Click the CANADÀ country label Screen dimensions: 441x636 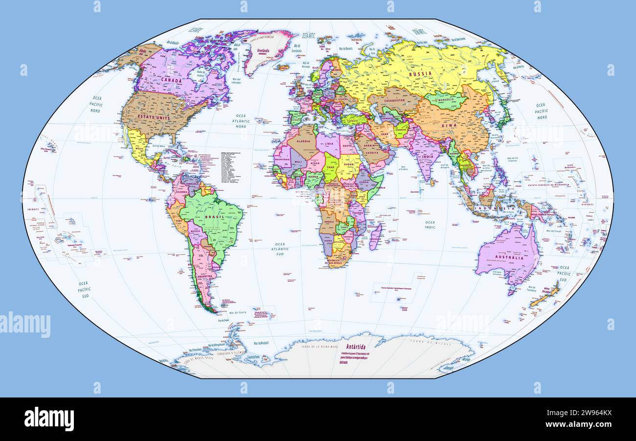click(x=172, y=79)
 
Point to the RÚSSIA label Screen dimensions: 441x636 click(x=420, y=73)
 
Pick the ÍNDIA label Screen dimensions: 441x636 click(x=428, y=156)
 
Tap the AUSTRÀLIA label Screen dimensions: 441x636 click(x=506, y=257)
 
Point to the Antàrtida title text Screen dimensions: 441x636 click(x=356, y=347)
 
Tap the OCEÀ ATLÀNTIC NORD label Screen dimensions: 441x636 click(x=240, y=121)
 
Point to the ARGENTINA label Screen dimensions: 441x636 click(x=205, y=276)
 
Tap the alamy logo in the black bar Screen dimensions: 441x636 click(x=49, y=419)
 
